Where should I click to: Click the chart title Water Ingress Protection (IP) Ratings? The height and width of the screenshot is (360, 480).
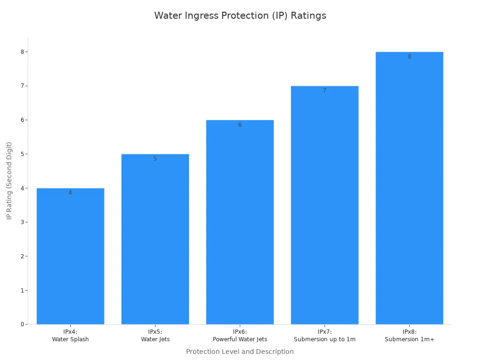click(x=240, y=15)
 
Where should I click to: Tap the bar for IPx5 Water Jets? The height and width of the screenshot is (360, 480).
click(x=155, y=239)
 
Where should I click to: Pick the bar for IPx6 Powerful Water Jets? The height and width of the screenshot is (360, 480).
click(x=240, y=222)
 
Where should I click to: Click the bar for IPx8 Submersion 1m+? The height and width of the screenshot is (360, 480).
click(x=409, y=188)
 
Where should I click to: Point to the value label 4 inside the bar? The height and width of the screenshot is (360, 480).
click(x=70, y=193)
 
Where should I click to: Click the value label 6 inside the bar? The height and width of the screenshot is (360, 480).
click(x=240, y=125)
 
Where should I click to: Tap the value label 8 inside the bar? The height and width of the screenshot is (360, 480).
click(x=409, y=57)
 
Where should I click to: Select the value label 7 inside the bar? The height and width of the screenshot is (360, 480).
click(x=324, y=90)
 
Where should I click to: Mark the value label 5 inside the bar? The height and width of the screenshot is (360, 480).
click(x=155, y=159)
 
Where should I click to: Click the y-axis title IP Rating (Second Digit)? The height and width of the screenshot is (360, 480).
click(x=9, y=181)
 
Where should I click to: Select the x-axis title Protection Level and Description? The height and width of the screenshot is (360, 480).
click(x=240, y=352)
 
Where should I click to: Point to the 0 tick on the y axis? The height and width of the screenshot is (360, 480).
click(x=22, y=324)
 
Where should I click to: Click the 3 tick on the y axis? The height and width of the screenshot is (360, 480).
click(x=22, y=222)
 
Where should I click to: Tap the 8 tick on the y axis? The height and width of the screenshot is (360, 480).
click(x=22, y=52)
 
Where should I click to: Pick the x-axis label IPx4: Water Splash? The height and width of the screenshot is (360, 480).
click(x=70, y=336)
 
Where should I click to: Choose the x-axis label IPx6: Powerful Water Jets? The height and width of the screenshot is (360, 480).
click(x=240, y=336)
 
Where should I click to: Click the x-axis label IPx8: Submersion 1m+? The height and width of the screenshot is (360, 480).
click(x=409, y=336)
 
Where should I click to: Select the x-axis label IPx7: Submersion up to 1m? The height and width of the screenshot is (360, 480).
click(x=324, y=336)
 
